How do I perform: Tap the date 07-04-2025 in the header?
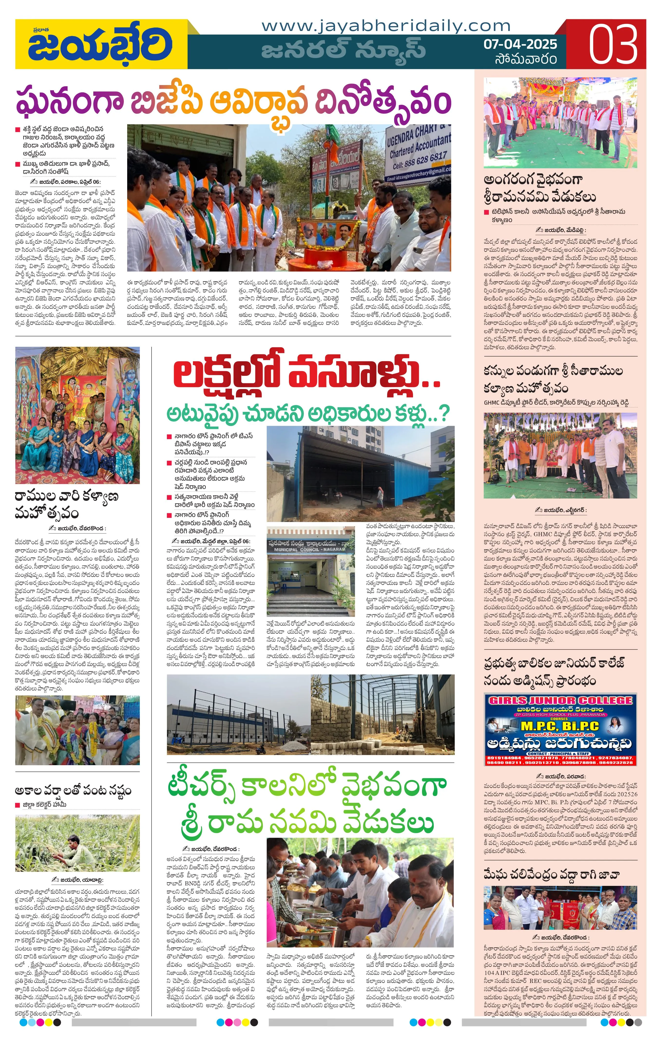coord(520,44)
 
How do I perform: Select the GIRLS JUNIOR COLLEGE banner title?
coord(560,700)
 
